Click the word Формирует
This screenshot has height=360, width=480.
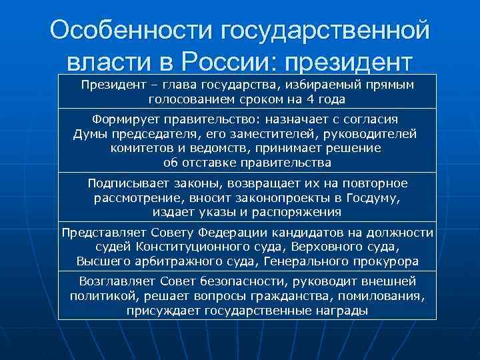coord(140,119)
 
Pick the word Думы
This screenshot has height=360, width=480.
coord(89,134)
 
